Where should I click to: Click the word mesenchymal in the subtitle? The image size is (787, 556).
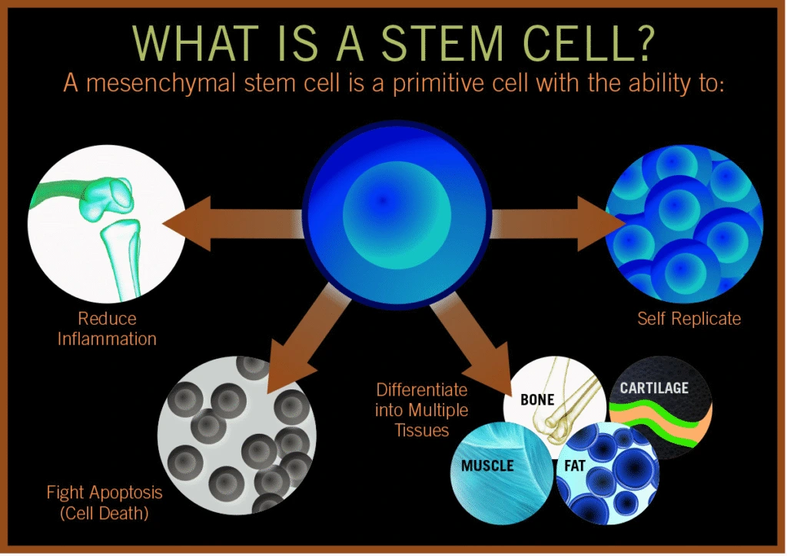point(161,83)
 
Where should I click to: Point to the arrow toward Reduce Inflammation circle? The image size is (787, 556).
point(234,223)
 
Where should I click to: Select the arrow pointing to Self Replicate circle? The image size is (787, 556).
point(557,223)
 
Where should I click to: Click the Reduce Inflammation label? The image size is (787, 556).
point(107,329)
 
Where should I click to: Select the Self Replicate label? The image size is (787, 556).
point(689,319)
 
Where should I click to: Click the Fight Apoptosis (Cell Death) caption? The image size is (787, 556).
point(105,502)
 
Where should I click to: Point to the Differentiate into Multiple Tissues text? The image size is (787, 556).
point(422,410)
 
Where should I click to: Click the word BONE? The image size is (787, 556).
point(537,399)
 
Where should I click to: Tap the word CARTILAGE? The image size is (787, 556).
point(654,388)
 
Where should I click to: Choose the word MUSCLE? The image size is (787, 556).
point(487,465)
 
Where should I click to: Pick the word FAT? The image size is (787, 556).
point(575,466)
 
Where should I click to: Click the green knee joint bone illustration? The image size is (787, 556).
point(108,230)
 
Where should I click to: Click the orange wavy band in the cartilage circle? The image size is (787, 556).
point(668,421)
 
